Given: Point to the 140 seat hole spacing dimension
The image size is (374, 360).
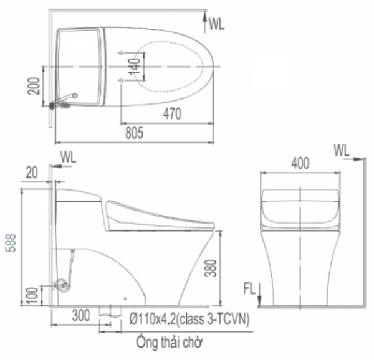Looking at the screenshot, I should (x=132, y=65).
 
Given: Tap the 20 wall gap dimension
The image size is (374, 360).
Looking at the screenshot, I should (x=32, y=171).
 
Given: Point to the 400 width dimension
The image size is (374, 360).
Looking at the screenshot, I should (x=300, y=163).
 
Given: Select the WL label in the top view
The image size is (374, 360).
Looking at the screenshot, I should (x=216, y=24).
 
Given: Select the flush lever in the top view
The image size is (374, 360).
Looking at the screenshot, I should (x=64, y=100).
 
